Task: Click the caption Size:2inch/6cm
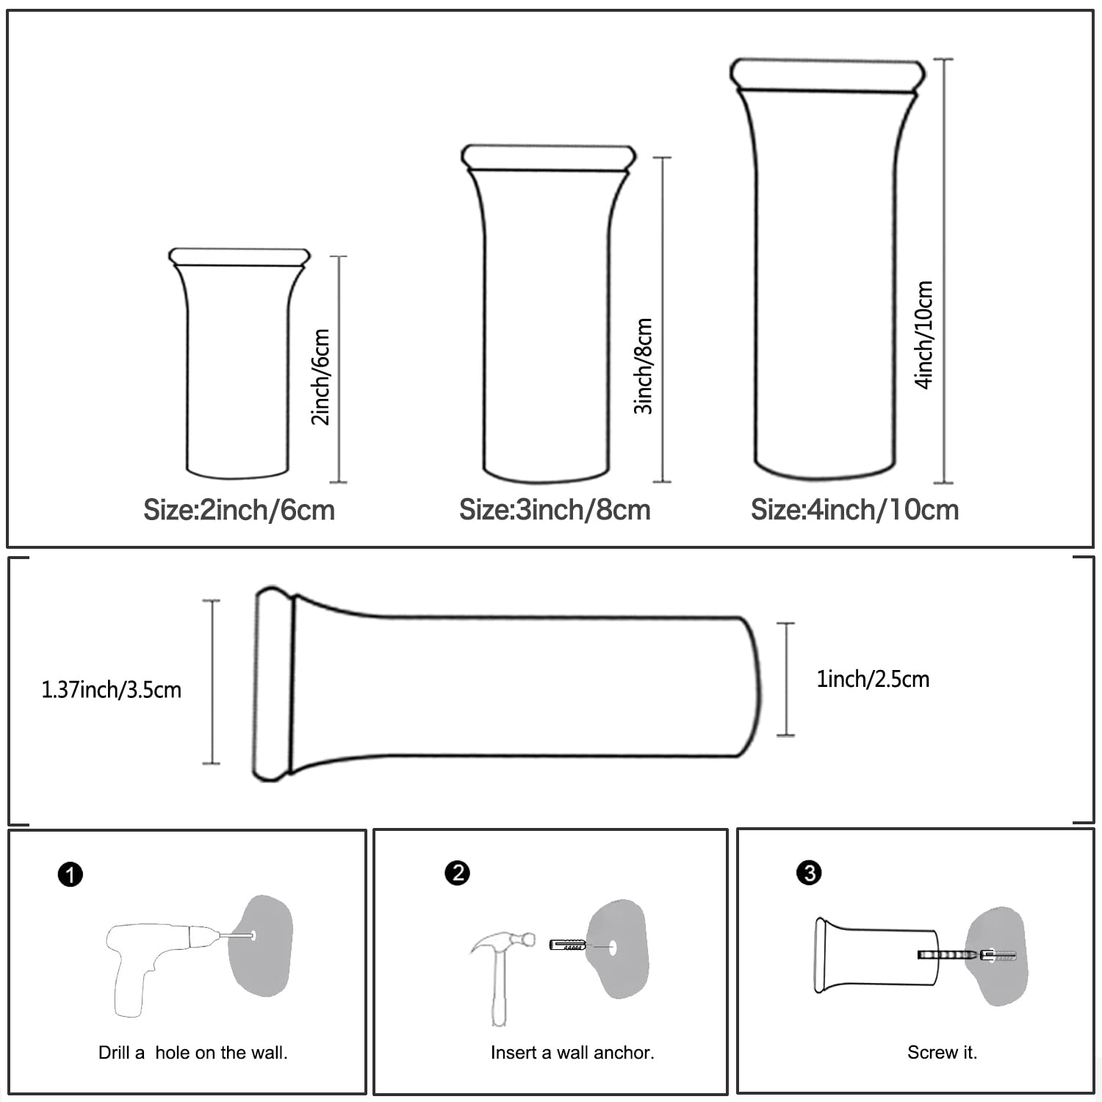239,510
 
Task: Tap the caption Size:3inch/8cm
555,510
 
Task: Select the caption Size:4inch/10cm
854,510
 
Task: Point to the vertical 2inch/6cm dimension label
321,376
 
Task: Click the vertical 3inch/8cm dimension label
644,366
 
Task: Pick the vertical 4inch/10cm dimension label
924,334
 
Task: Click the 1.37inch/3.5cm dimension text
111,690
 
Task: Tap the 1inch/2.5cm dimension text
873,679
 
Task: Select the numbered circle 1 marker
71,875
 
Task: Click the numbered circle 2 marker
457,873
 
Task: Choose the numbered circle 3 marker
809,873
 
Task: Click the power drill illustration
158,962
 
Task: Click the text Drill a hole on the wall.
193,1053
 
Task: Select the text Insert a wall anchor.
572,1053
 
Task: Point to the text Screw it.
942,1053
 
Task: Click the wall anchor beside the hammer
567,945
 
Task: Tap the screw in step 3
948,955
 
